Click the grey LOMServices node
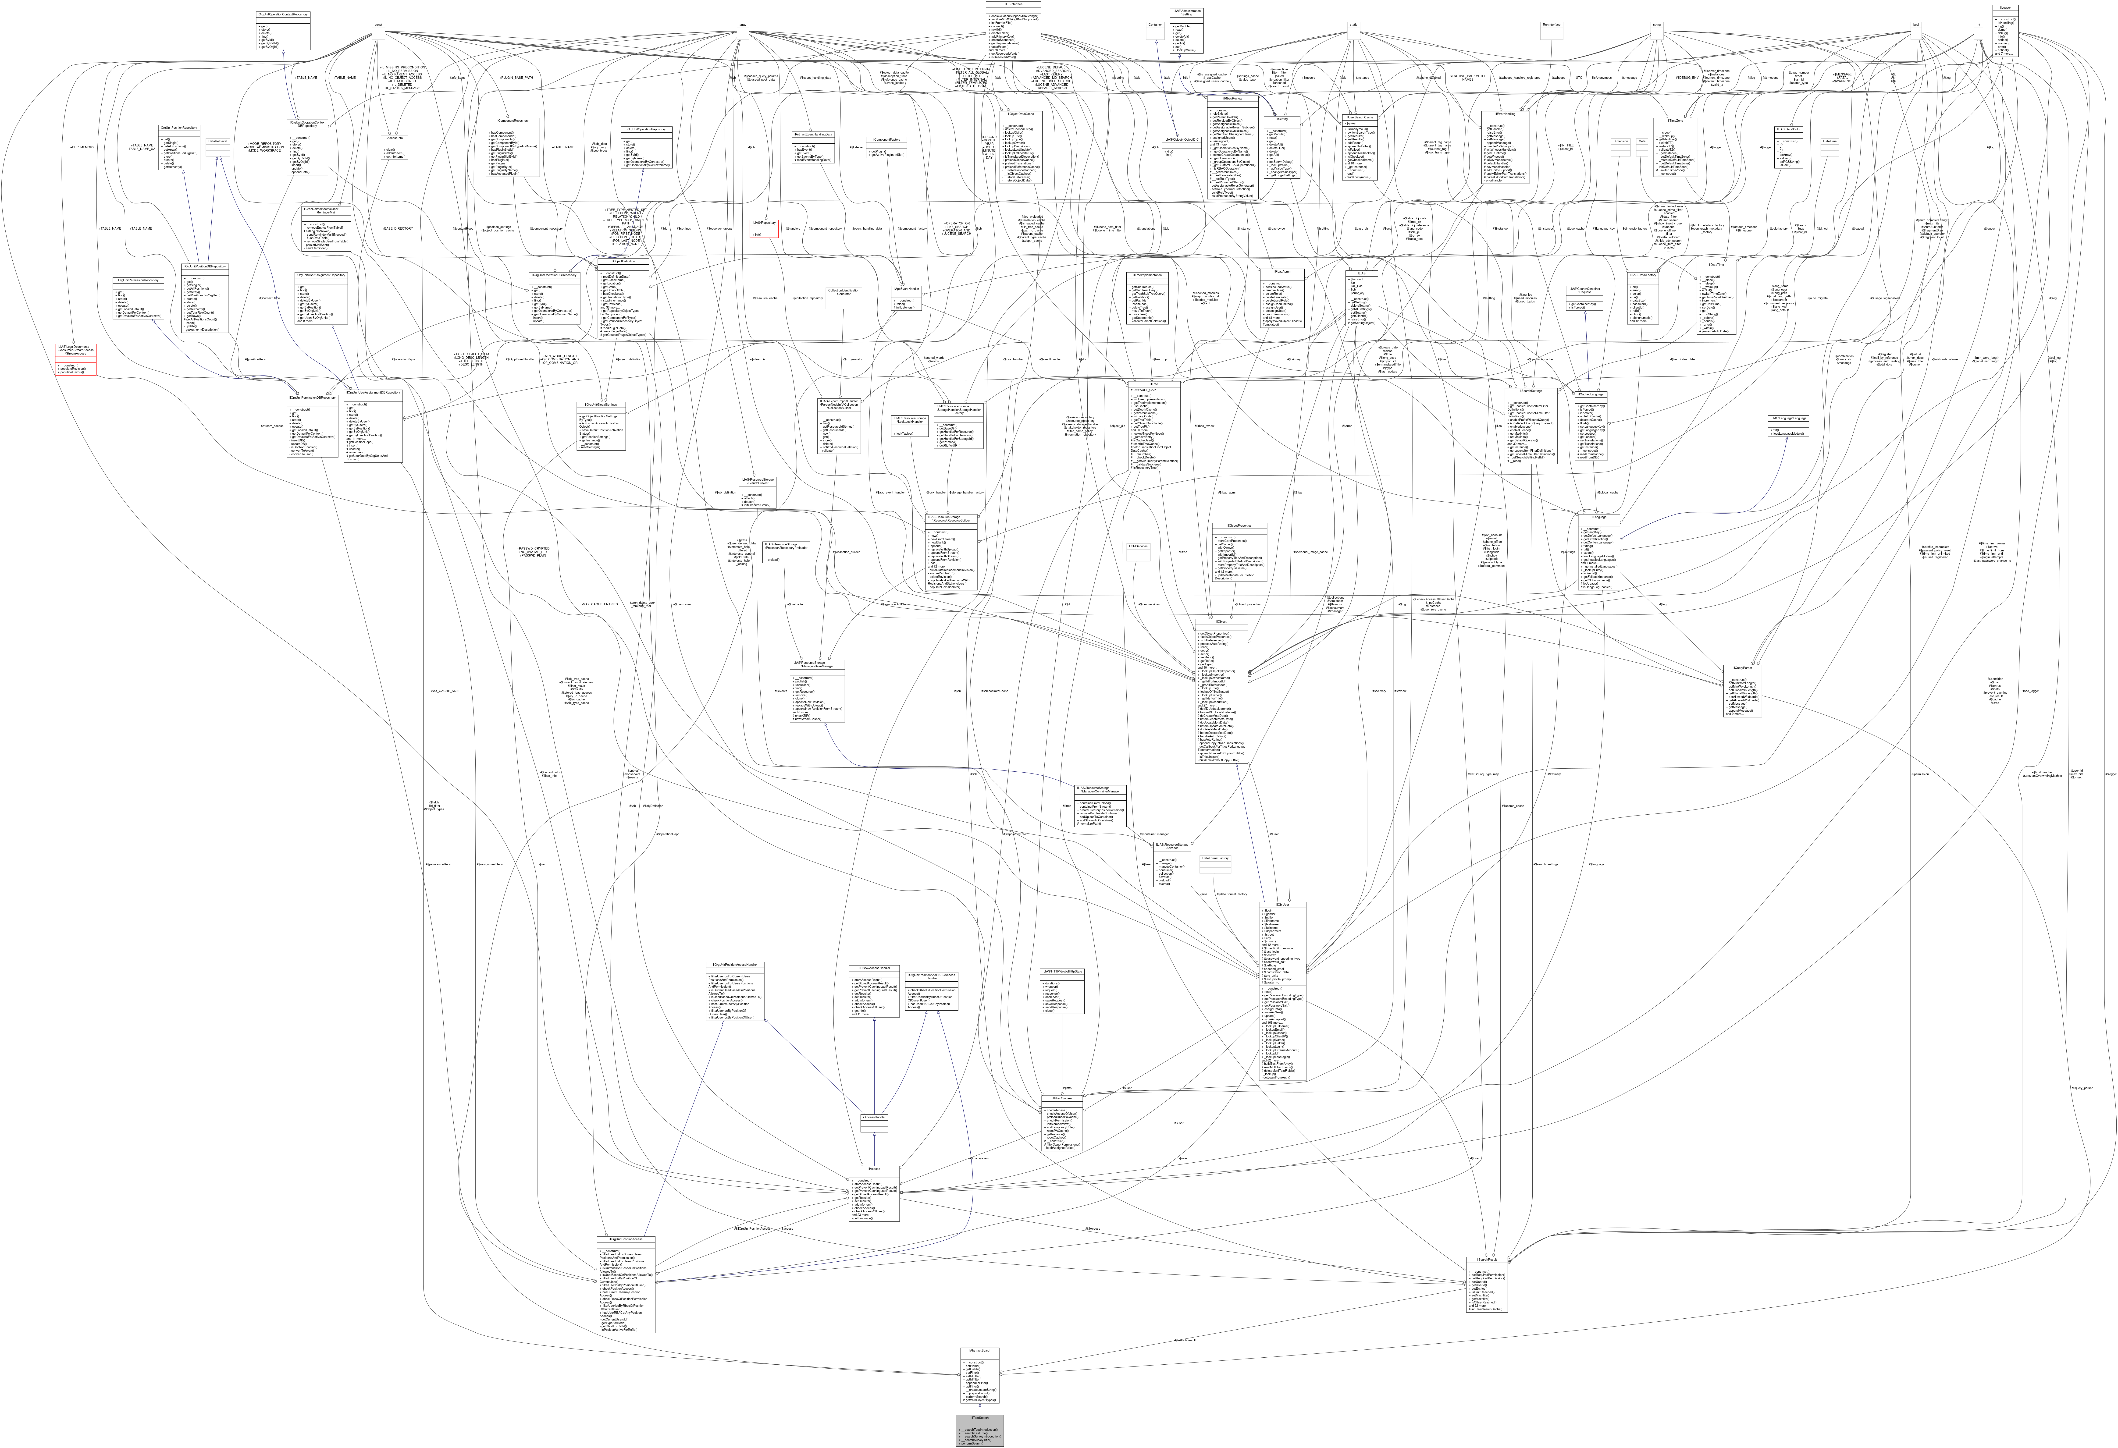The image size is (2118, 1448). pos(1137,546)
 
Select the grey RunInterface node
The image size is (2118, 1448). pos(1551,25)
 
